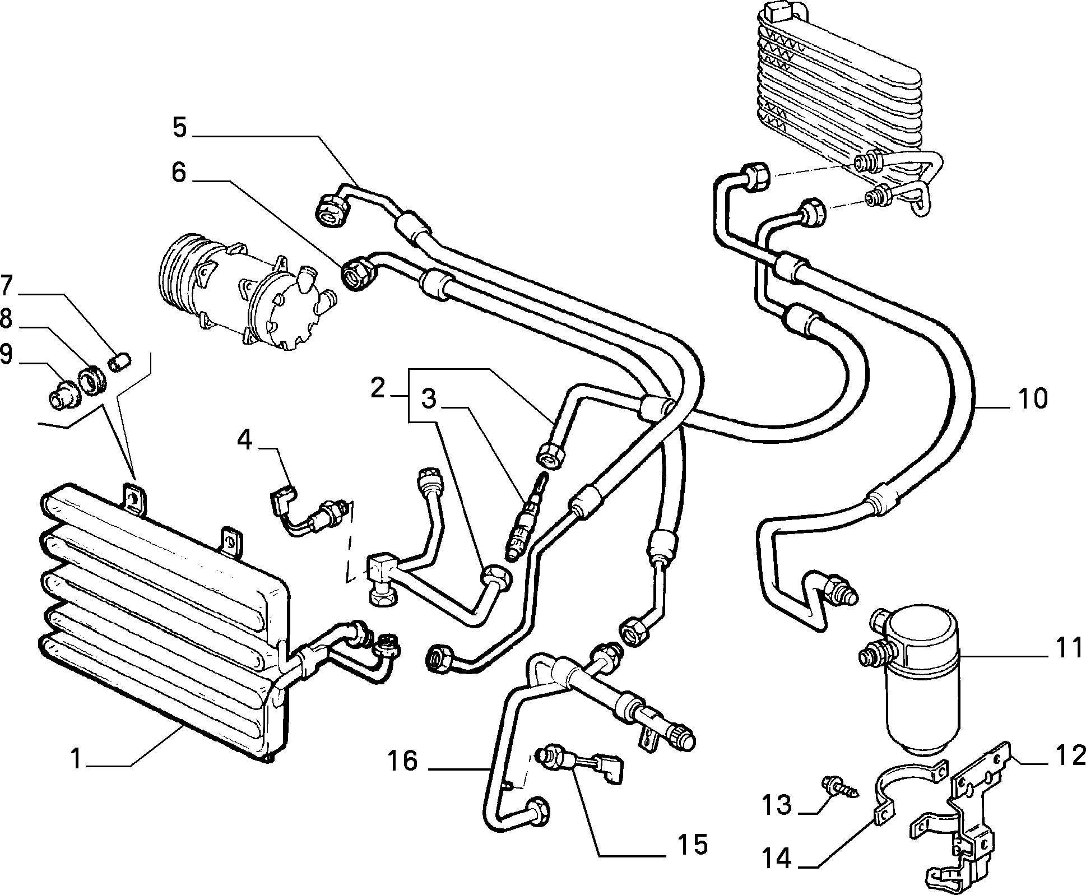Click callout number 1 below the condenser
[x=77, y=761]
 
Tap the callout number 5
[x=179, y=128]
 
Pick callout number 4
[x=245, y=440]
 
